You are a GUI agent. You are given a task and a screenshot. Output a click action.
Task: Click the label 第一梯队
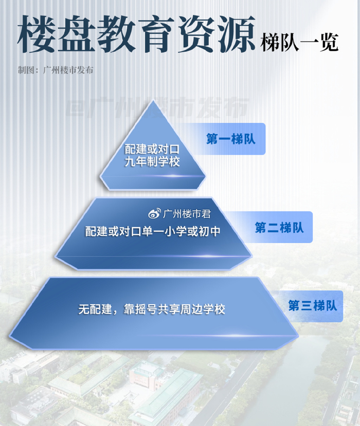(x=231, y=139)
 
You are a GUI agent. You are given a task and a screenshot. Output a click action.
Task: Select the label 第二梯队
(x=279, y=228)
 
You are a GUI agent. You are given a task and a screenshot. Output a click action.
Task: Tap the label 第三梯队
(x=312, y=306)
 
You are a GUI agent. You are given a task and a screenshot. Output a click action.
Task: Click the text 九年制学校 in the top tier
(x=152, y=162)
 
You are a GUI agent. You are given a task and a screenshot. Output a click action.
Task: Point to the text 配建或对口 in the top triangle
(x=152, y=149)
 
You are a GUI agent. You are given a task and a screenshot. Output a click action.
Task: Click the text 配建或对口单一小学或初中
(x=153, y=231)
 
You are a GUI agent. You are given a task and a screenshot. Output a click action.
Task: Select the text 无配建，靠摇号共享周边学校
(x=152, y=309)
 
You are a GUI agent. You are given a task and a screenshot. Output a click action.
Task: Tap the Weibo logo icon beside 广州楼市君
(x=154, y=214)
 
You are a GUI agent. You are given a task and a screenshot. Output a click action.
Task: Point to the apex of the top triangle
(x=152, y=101)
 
